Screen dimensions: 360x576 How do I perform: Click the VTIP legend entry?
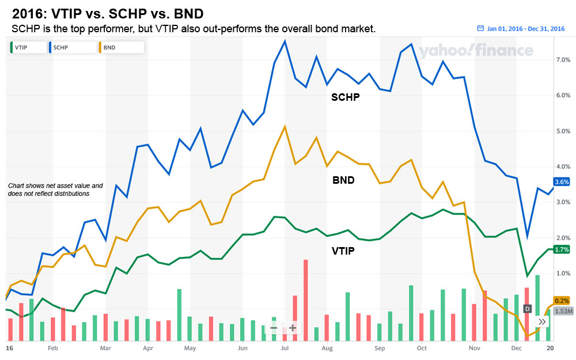[26, 47]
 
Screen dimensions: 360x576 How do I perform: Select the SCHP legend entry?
[71, 47]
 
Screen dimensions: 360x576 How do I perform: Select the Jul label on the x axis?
[285, 348]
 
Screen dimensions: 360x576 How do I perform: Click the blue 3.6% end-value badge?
[561, 182]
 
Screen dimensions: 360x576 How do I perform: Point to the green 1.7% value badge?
[561, 249]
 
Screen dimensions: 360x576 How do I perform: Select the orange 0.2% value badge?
[561, 301]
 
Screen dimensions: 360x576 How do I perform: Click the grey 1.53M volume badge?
[562, 311]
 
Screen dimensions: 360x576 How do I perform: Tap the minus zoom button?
[273, 328]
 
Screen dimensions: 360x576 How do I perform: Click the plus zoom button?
[293, 328]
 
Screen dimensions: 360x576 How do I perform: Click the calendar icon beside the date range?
[480, 28]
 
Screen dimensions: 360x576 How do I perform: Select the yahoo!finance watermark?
[475, 51]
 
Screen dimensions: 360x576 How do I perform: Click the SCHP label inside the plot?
[345, 97]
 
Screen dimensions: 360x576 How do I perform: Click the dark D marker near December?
[526, 309]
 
